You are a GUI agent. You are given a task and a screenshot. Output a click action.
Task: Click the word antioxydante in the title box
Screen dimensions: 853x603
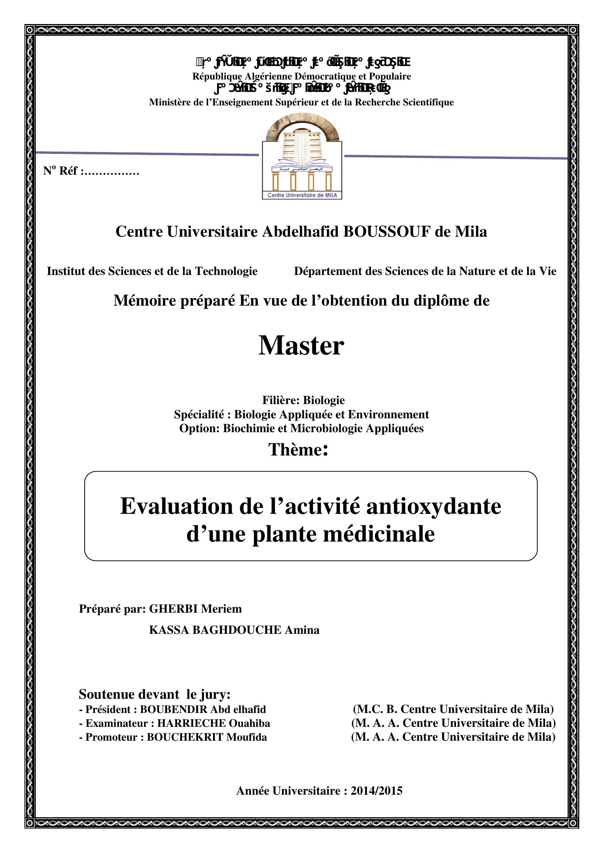[x=434, y=507]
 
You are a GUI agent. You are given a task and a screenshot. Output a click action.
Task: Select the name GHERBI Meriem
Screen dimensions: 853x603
[x=195, y=609]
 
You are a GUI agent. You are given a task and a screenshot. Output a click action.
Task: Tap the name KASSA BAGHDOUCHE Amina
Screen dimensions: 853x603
[x=234, y=630]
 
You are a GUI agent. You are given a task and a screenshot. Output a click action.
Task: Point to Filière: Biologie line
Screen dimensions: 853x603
[x=303, y=400]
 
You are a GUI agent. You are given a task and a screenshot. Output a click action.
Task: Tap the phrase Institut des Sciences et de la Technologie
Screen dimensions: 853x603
[x=152, y=271]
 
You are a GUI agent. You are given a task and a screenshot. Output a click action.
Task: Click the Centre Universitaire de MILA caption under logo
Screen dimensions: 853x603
[x=302, y=195]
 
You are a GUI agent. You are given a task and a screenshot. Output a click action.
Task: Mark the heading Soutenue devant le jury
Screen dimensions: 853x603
[x=155, y=694]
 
